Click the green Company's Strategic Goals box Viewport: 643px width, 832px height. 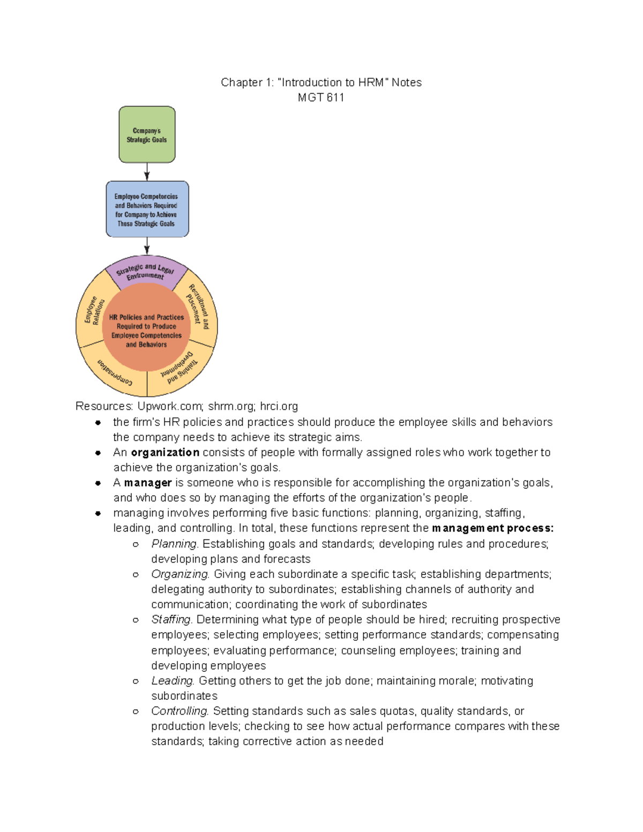pyautogui.click(x=147, y=134)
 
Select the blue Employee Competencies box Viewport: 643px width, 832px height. pyautogui.click(x=147, y=209)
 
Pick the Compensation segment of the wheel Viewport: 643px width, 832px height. pyautogui.click(x=115, y=372)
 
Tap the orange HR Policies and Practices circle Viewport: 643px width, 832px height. pyautogui.click(x=146, y=331)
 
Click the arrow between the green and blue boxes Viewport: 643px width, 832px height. pyautogui.click(x=147, y=171)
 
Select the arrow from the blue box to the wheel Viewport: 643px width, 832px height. pyautogui.click(x=147, y=246)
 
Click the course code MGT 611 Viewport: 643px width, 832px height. pyautogui.click(x=321, y=98)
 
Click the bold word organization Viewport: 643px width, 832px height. pyautogui.click(x=165, y=453)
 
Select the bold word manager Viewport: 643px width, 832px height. pyautogui.click(x=148, y=483)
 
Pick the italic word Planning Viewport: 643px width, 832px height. pyautogui.click(x=174, y=544)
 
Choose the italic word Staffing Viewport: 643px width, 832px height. pyautogui.click(x=171, y=619)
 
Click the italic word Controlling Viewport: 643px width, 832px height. pyautogui.click(x=180, y=711)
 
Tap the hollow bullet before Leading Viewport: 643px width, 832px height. pyautogui.click(x=136, y=681)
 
